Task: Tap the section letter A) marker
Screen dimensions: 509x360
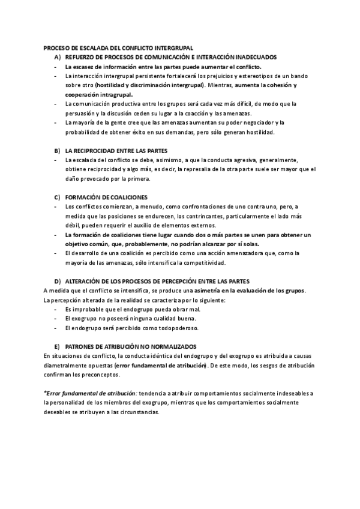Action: (58, 56)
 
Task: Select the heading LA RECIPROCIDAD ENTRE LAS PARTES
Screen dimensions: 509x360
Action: (116, 149)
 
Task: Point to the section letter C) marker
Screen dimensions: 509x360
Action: (58, 197)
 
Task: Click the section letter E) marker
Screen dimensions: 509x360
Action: (58, 346)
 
